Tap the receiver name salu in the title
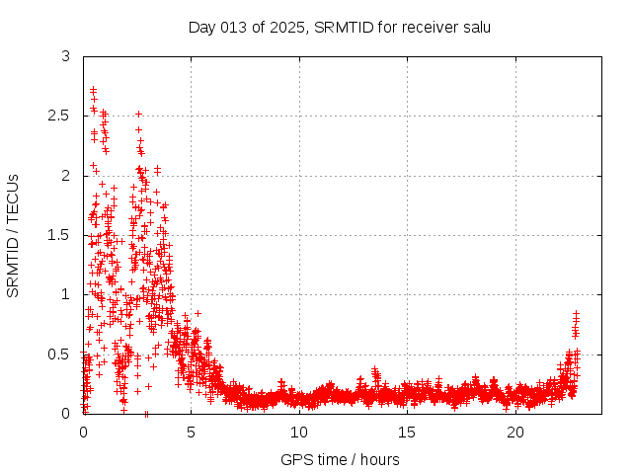pyautogui.click(x=475, y=27)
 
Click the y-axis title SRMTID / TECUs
pyautogui.click(x=14, y=235)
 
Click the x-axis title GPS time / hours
pyautogui.click(x=340, y=459)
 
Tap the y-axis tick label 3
pyautogui.click(x=65, y=56)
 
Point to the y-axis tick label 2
pyautogui.click(x=65, y=175)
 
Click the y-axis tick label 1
pyautogui.click(x=65, y=294)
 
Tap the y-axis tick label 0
pyautogui.click(x=65, y=413)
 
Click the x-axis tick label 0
pyautogui.click(x=83, y=433)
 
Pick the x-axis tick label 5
pyautogui.click(x=192, y=433)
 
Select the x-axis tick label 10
pyautogui.click(x=299, y=433)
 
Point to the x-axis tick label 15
pyautogui.click(x=408, y=433)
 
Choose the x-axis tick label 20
pyautogui.click(x=515, y=433)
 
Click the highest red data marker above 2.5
pyautogui.click(x=93, y=89)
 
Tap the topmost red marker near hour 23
pyautogui.click(x=576, y=313)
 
